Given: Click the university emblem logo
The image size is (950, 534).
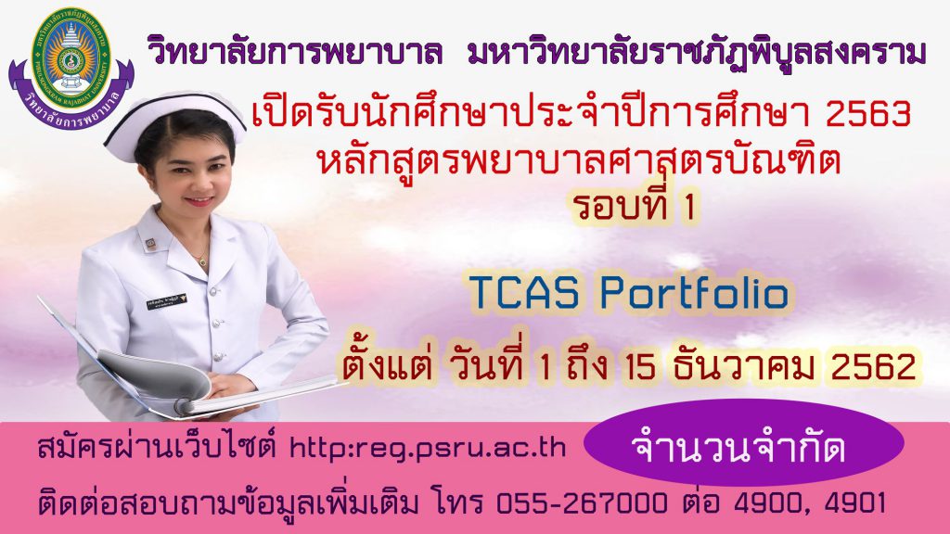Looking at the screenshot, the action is click(x=71, y=67).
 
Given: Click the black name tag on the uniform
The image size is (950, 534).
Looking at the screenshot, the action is click(x=166, y=301).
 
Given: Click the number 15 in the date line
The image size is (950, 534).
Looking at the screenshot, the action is click(x=640, y=366).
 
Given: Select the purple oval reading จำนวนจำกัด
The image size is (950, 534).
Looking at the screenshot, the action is click(x=744, y=442).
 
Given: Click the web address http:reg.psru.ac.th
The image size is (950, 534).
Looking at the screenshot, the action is click(x=428, y=448).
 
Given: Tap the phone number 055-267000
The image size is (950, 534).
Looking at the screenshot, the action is click(x=582, y=503).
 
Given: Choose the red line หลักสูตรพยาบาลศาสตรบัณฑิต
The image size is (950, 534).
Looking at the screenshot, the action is click(x=579, y=159).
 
